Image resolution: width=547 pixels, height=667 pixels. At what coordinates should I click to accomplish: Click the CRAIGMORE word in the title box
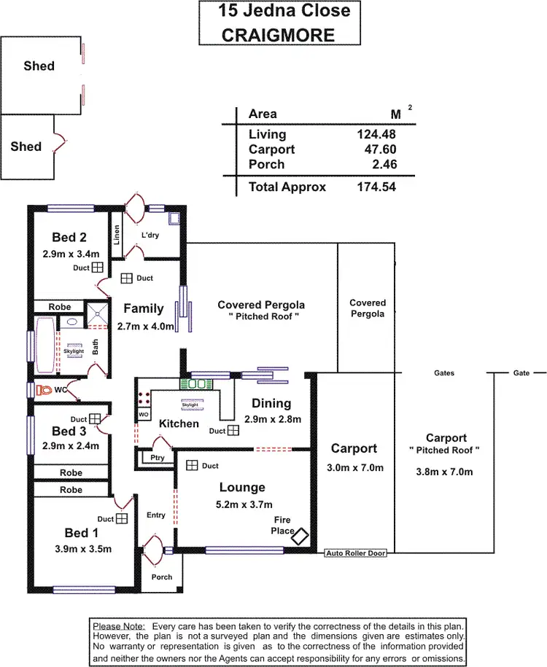tap(279, 34)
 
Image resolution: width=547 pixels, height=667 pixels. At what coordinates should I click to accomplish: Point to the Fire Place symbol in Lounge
tap(300, 536)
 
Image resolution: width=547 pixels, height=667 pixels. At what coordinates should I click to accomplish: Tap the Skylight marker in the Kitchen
tap(192, 402)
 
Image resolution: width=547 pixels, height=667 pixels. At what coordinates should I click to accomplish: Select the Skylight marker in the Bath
tap(74, 351)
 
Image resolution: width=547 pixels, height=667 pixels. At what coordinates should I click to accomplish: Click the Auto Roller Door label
tap(355, 554)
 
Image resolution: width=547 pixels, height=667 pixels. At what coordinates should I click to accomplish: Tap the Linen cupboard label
tap(116, 234)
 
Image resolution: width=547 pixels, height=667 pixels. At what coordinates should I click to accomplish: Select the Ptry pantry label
tap(158, 458)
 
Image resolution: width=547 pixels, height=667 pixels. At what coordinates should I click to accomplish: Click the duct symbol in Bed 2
tap(97, 268)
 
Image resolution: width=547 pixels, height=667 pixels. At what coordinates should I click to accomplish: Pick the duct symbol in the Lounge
tap(192, 465)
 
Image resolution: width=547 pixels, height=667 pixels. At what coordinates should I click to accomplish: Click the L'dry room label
tap(150, 235)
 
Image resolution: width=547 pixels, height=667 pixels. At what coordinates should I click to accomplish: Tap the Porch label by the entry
tap(162, 577)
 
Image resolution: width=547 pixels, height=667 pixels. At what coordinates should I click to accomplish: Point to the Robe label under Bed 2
tap(60, 307)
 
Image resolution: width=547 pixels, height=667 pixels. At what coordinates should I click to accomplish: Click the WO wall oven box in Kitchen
tap(143, 415)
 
